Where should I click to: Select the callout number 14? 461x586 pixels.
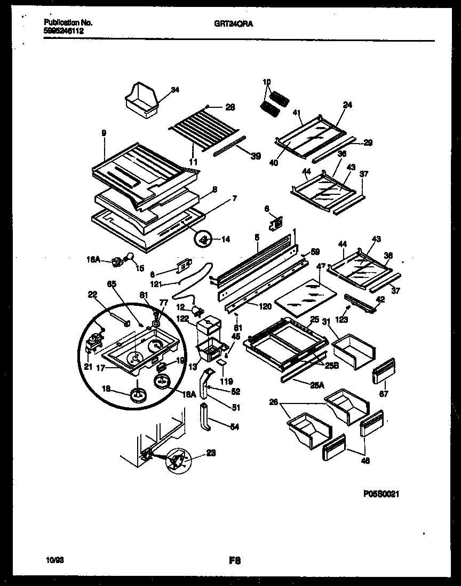[x=226, y=240]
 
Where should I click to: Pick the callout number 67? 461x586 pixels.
[x=384, y=394]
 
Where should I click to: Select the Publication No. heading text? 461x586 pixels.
[x=68, y=23]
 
